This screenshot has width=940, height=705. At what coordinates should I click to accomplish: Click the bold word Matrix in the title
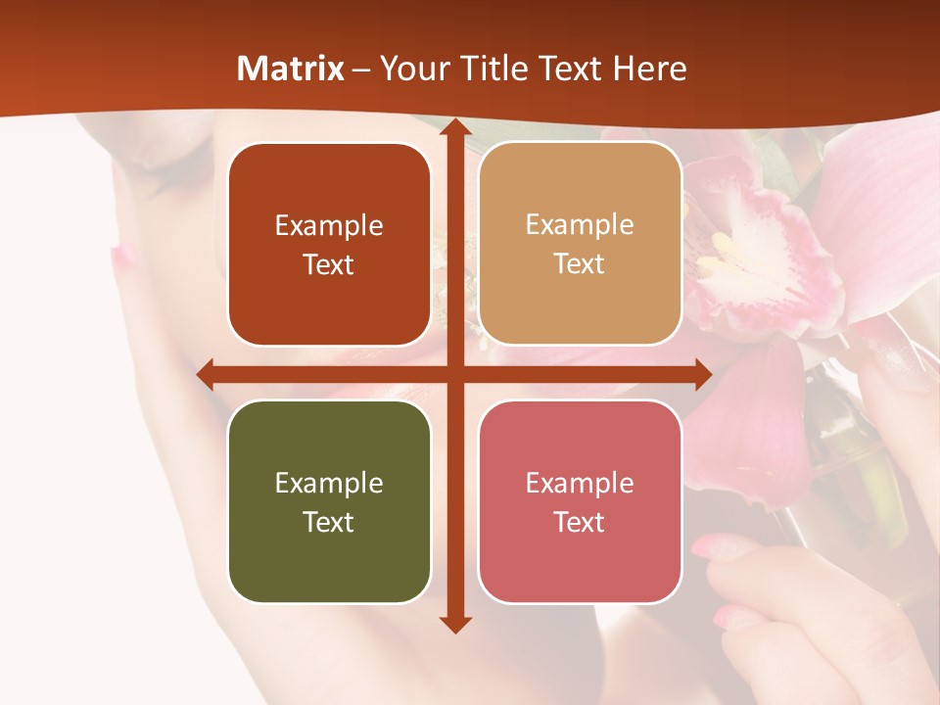click(x=291, y=69)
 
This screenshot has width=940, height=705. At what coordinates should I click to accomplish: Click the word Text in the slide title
click(x=571, y=69)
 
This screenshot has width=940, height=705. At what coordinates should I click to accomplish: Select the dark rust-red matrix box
click(x=329, y=245)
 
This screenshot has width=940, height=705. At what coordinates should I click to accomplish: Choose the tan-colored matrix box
click(x=580, y=244)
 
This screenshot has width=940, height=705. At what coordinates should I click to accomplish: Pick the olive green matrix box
click(x=329, y=502)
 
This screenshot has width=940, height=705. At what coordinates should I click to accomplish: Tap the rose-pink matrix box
click(x=580, y=502)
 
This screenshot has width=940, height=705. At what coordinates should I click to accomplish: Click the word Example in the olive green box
click(x=329, y=483)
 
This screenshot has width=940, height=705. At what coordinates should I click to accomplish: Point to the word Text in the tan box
click(x=580, y=264)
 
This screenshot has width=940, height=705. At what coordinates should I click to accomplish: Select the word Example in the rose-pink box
click(x=580, y=483)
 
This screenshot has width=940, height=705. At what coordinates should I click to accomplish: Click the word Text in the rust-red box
click(x=329, y=265)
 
